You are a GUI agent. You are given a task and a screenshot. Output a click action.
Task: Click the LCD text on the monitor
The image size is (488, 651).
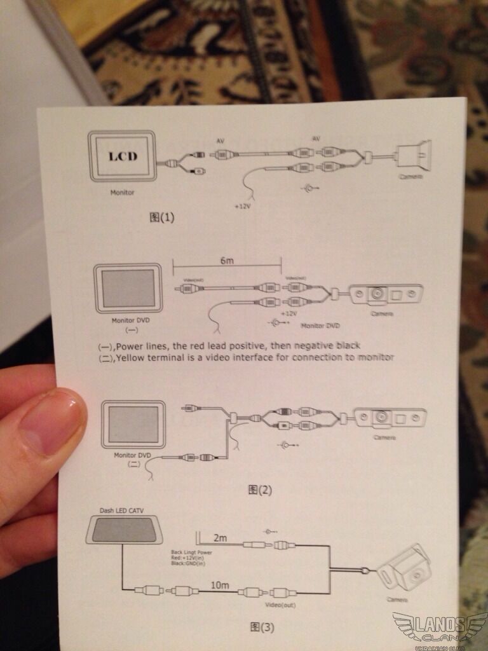coord(123,156)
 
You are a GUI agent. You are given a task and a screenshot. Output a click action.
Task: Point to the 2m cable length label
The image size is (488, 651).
coord(220,538)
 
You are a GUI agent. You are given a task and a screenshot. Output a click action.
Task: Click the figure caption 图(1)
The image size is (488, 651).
coord(161,217)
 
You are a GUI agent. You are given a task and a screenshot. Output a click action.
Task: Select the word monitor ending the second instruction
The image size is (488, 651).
coord(376,357)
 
